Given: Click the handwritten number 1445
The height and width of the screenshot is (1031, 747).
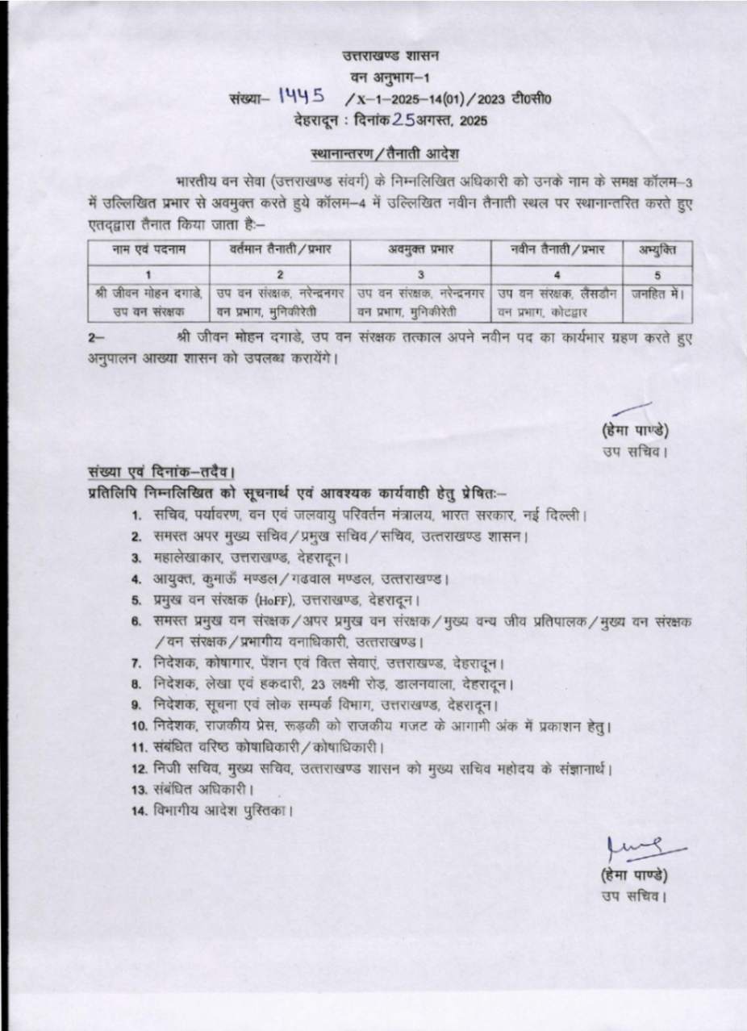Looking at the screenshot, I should click(x=301, y=97).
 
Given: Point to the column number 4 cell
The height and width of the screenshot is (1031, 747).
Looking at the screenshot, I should click(x=558, y=273).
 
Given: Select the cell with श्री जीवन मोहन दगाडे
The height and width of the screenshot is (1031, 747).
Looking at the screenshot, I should click(x=148, y=294).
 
